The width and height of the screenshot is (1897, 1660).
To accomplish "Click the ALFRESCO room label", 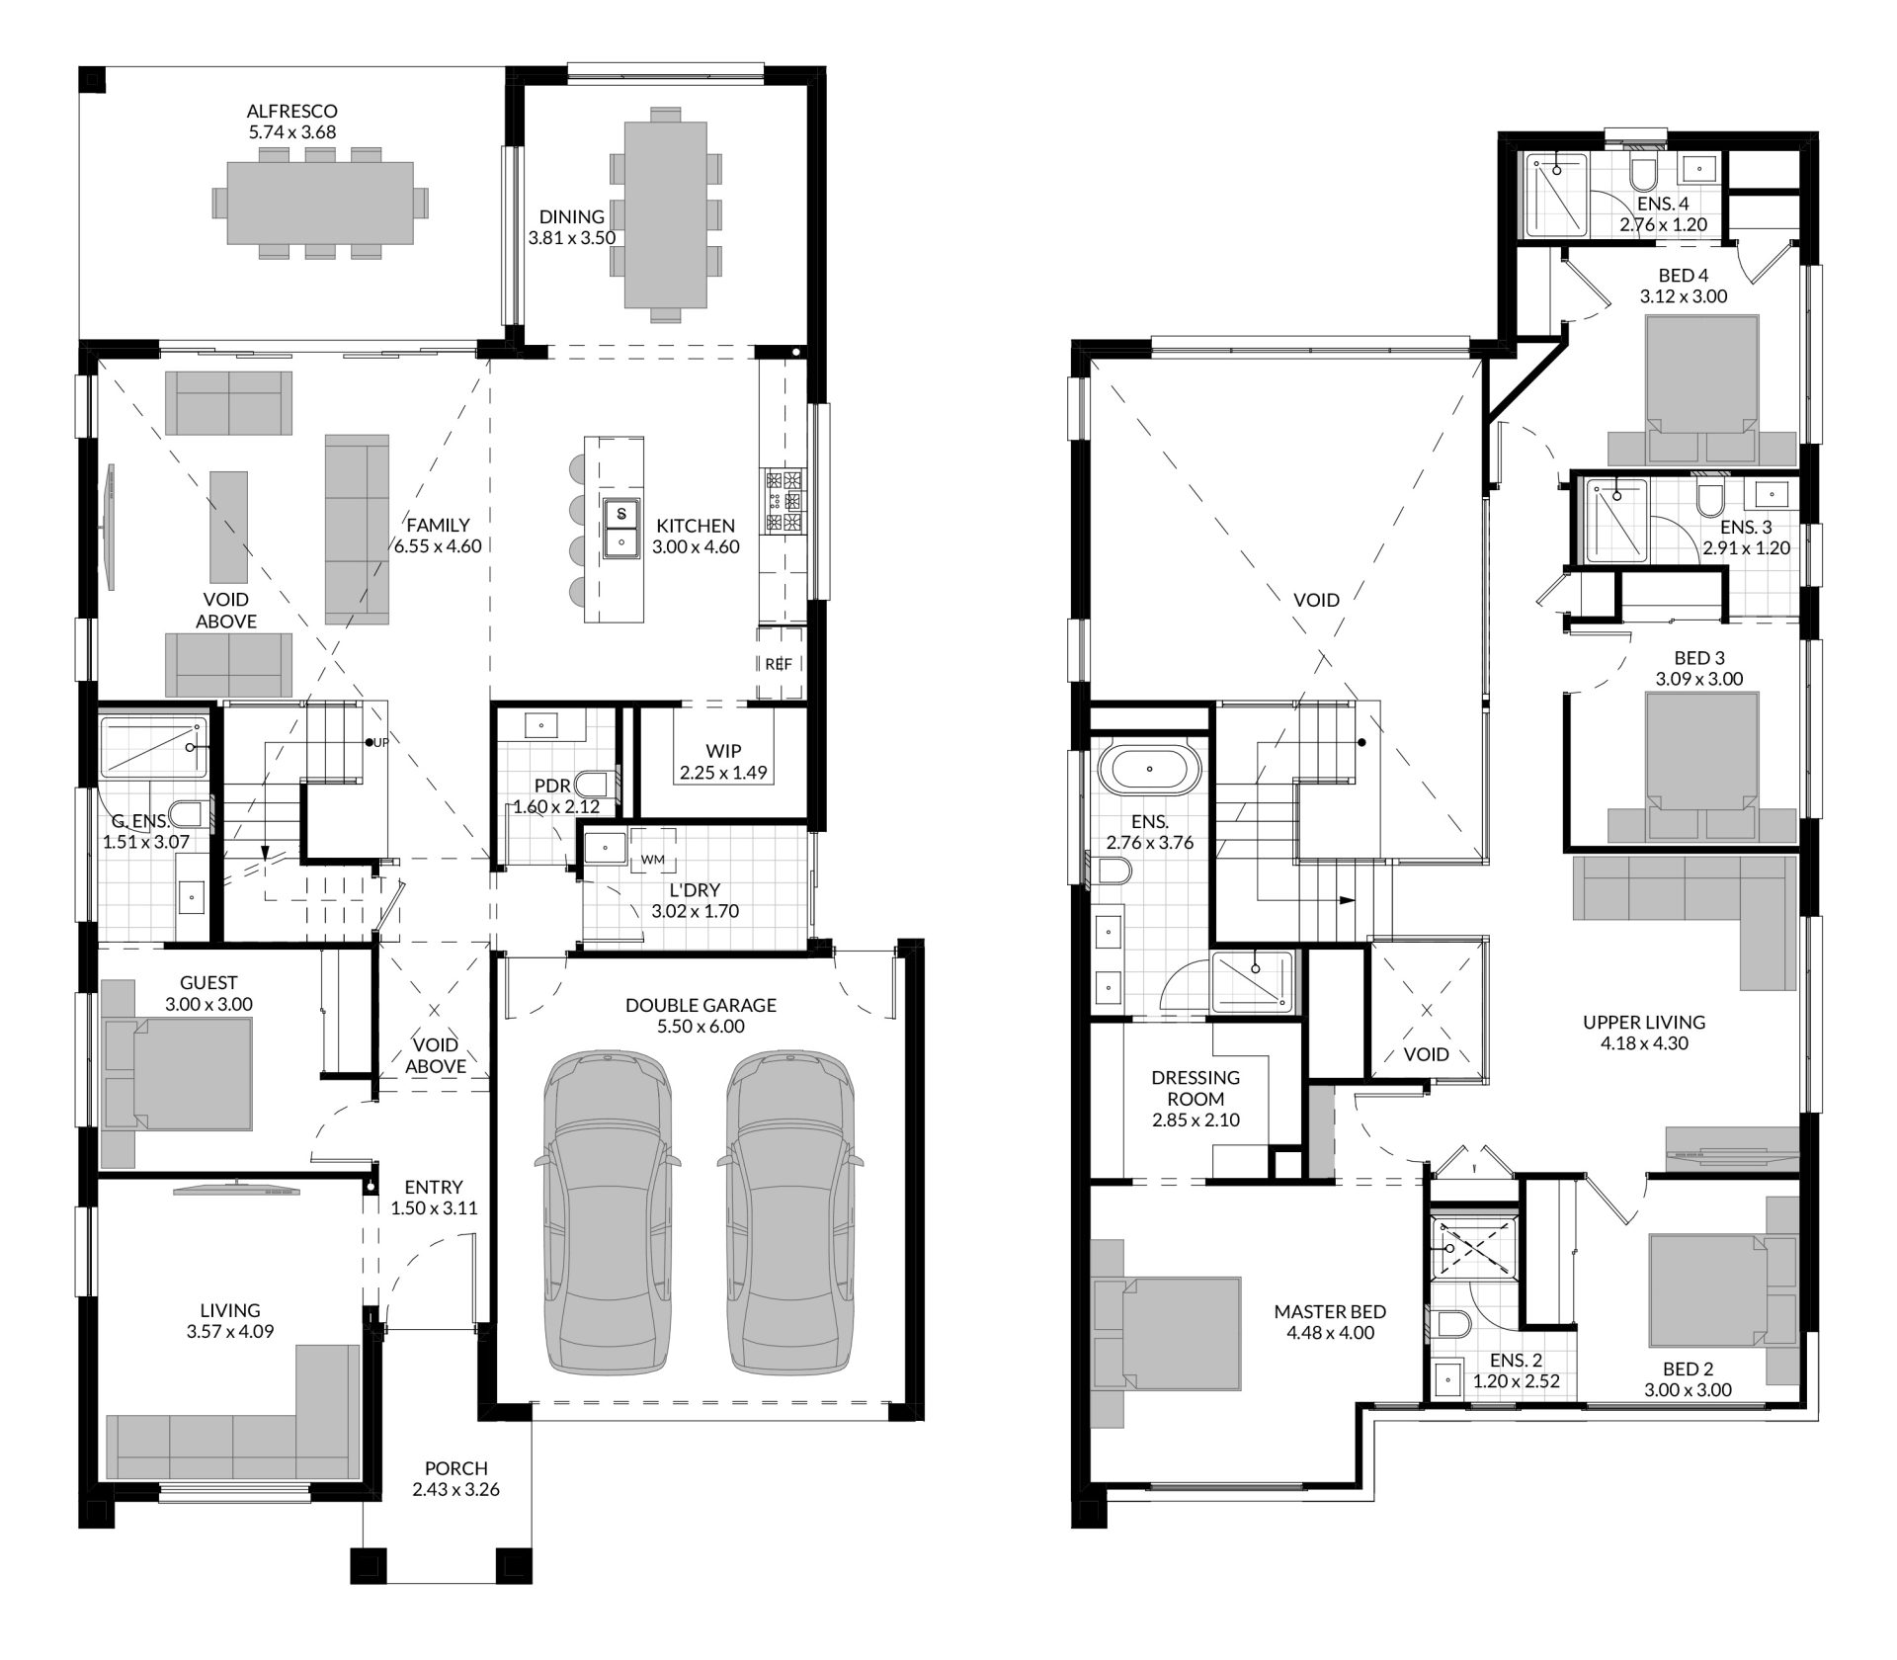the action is pyautogui.click(x=291, y=111).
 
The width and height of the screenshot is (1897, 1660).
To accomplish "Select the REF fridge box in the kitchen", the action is pyautogui.click(x=779, y=664).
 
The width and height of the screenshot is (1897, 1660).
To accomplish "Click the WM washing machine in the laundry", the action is pyautogui.click(x=653, y=859).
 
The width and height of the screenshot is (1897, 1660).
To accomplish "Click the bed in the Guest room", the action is pyautogui.click(x=177, y=1073).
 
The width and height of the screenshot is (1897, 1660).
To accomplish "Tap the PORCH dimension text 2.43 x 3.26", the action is pyautogui.click(x=455, y=1489).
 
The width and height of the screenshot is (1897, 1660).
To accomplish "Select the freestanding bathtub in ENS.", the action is pyautogui.click(x=1148, y=769).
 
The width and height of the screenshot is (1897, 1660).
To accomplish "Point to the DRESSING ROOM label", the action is pyautogui.click(x=1196, y=1087).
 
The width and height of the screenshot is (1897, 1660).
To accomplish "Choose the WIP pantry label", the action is pyautogui.click(x=723, y=751).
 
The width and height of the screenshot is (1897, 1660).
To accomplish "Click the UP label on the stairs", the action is pyautogui.click(x=380, y=743).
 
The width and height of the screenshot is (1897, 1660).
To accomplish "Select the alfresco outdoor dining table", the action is pyautogui.click(x=320, y=204).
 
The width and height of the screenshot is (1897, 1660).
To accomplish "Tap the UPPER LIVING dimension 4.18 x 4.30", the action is pyautogui.click(x=1644, y=1043).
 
